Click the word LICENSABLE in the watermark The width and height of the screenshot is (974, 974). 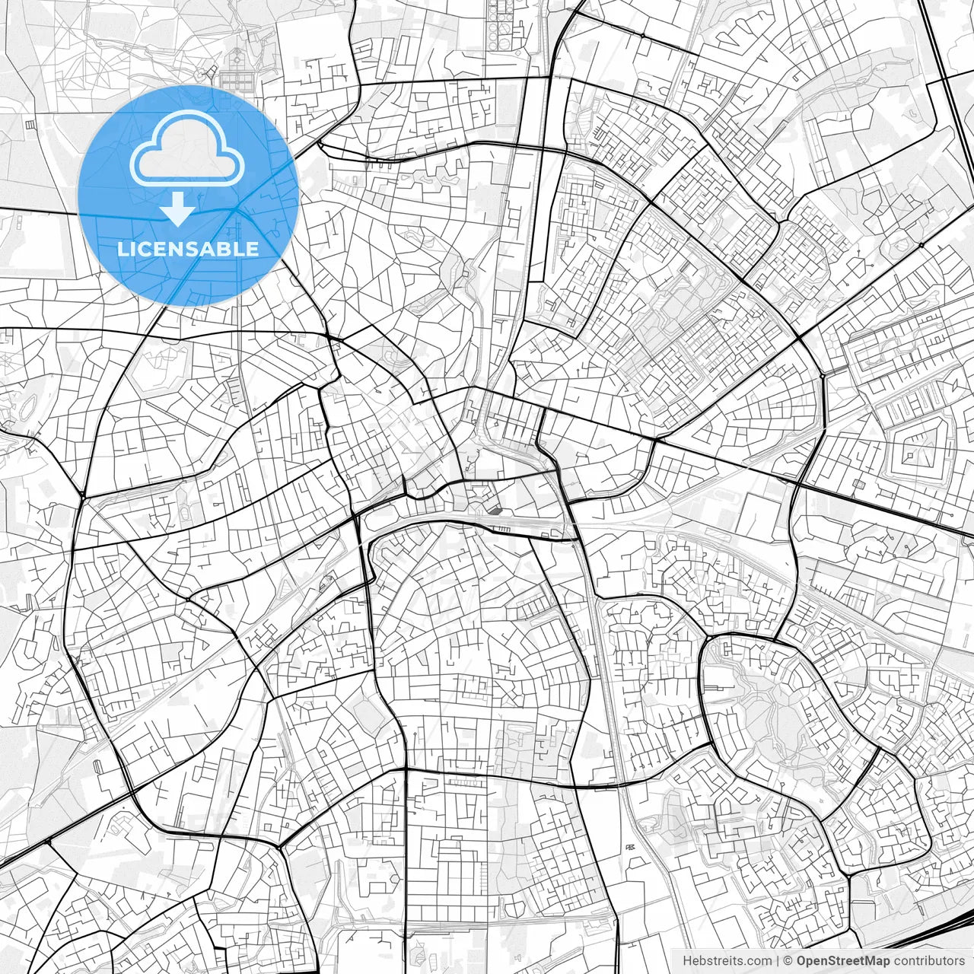pyautogui.click(x=188, y=249)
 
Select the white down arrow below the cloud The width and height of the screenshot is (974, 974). pyautogui.click(x=178, y=209)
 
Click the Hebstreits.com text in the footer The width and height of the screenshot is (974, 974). pyautogui.click(x=727, y=961)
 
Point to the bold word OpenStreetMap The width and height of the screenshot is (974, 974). pyautogui.click(x=843, y=961)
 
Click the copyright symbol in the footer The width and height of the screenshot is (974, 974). pyautogui.click(x=788, y=961)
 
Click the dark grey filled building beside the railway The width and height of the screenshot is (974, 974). pyautogui.click(x=495, y=510)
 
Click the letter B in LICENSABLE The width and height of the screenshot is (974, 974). pyautogui.click(x=226, y=249)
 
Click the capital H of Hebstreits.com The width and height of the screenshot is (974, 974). pyautogui.click(x=687, y=961)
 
